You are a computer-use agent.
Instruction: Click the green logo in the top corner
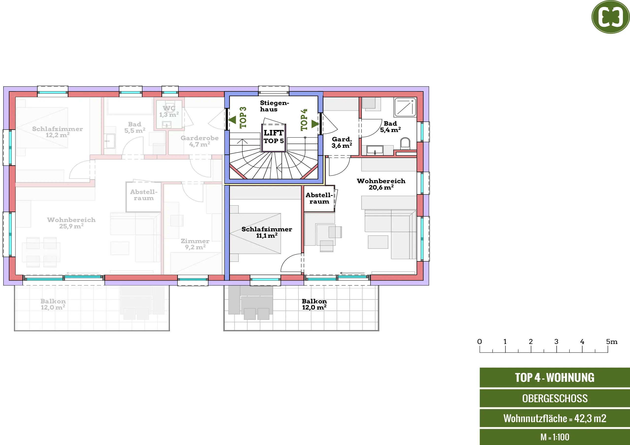pyautogui.click(x=611, y=17)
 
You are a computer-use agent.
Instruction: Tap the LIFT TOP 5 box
pyautogui.click(x=274, y=137)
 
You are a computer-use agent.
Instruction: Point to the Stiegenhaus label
pyautogui.click(x=274, y=106)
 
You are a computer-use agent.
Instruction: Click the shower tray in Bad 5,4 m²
pyautogui.click(x=405, y=107)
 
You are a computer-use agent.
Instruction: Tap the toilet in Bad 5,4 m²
pyautogui.click(x=405, y=144)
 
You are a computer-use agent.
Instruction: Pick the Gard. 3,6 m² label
pyautogui.click(x=342, y=143)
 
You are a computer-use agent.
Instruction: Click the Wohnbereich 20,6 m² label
pyautogui.click(x=381, y=184)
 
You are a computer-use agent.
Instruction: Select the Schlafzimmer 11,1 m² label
pyautogui.click(x=267, y=233)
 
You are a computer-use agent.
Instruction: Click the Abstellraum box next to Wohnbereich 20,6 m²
pyautogui.click(x=319, y=198)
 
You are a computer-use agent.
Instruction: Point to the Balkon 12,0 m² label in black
pyautogui.click(x=315, y=304)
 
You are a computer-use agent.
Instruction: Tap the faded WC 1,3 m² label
pyautogui.click(x=169, y=112)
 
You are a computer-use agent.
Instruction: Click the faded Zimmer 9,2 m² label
pyautogui.click(x=195, y=244)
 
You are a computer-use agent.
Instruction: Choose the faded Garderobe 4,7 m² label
pyautogui.click(x=200, y=141)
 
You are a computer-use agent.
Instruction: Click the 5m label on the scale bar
pyautogui.click(x=612, y=342)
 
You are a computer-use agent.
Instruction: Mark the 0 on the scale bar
pyautogui.click(x=480, y=342)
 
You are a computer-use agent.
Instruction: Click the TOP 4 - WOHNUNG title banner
pyautogui.click(x=554, y=378)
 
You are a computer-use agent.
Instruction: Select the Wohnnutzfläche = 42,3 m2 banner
pyautogui.click(x=554, y=418)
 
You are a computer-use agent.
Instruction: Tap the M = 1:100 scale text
pyautogui.click(x=555, y=437)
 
